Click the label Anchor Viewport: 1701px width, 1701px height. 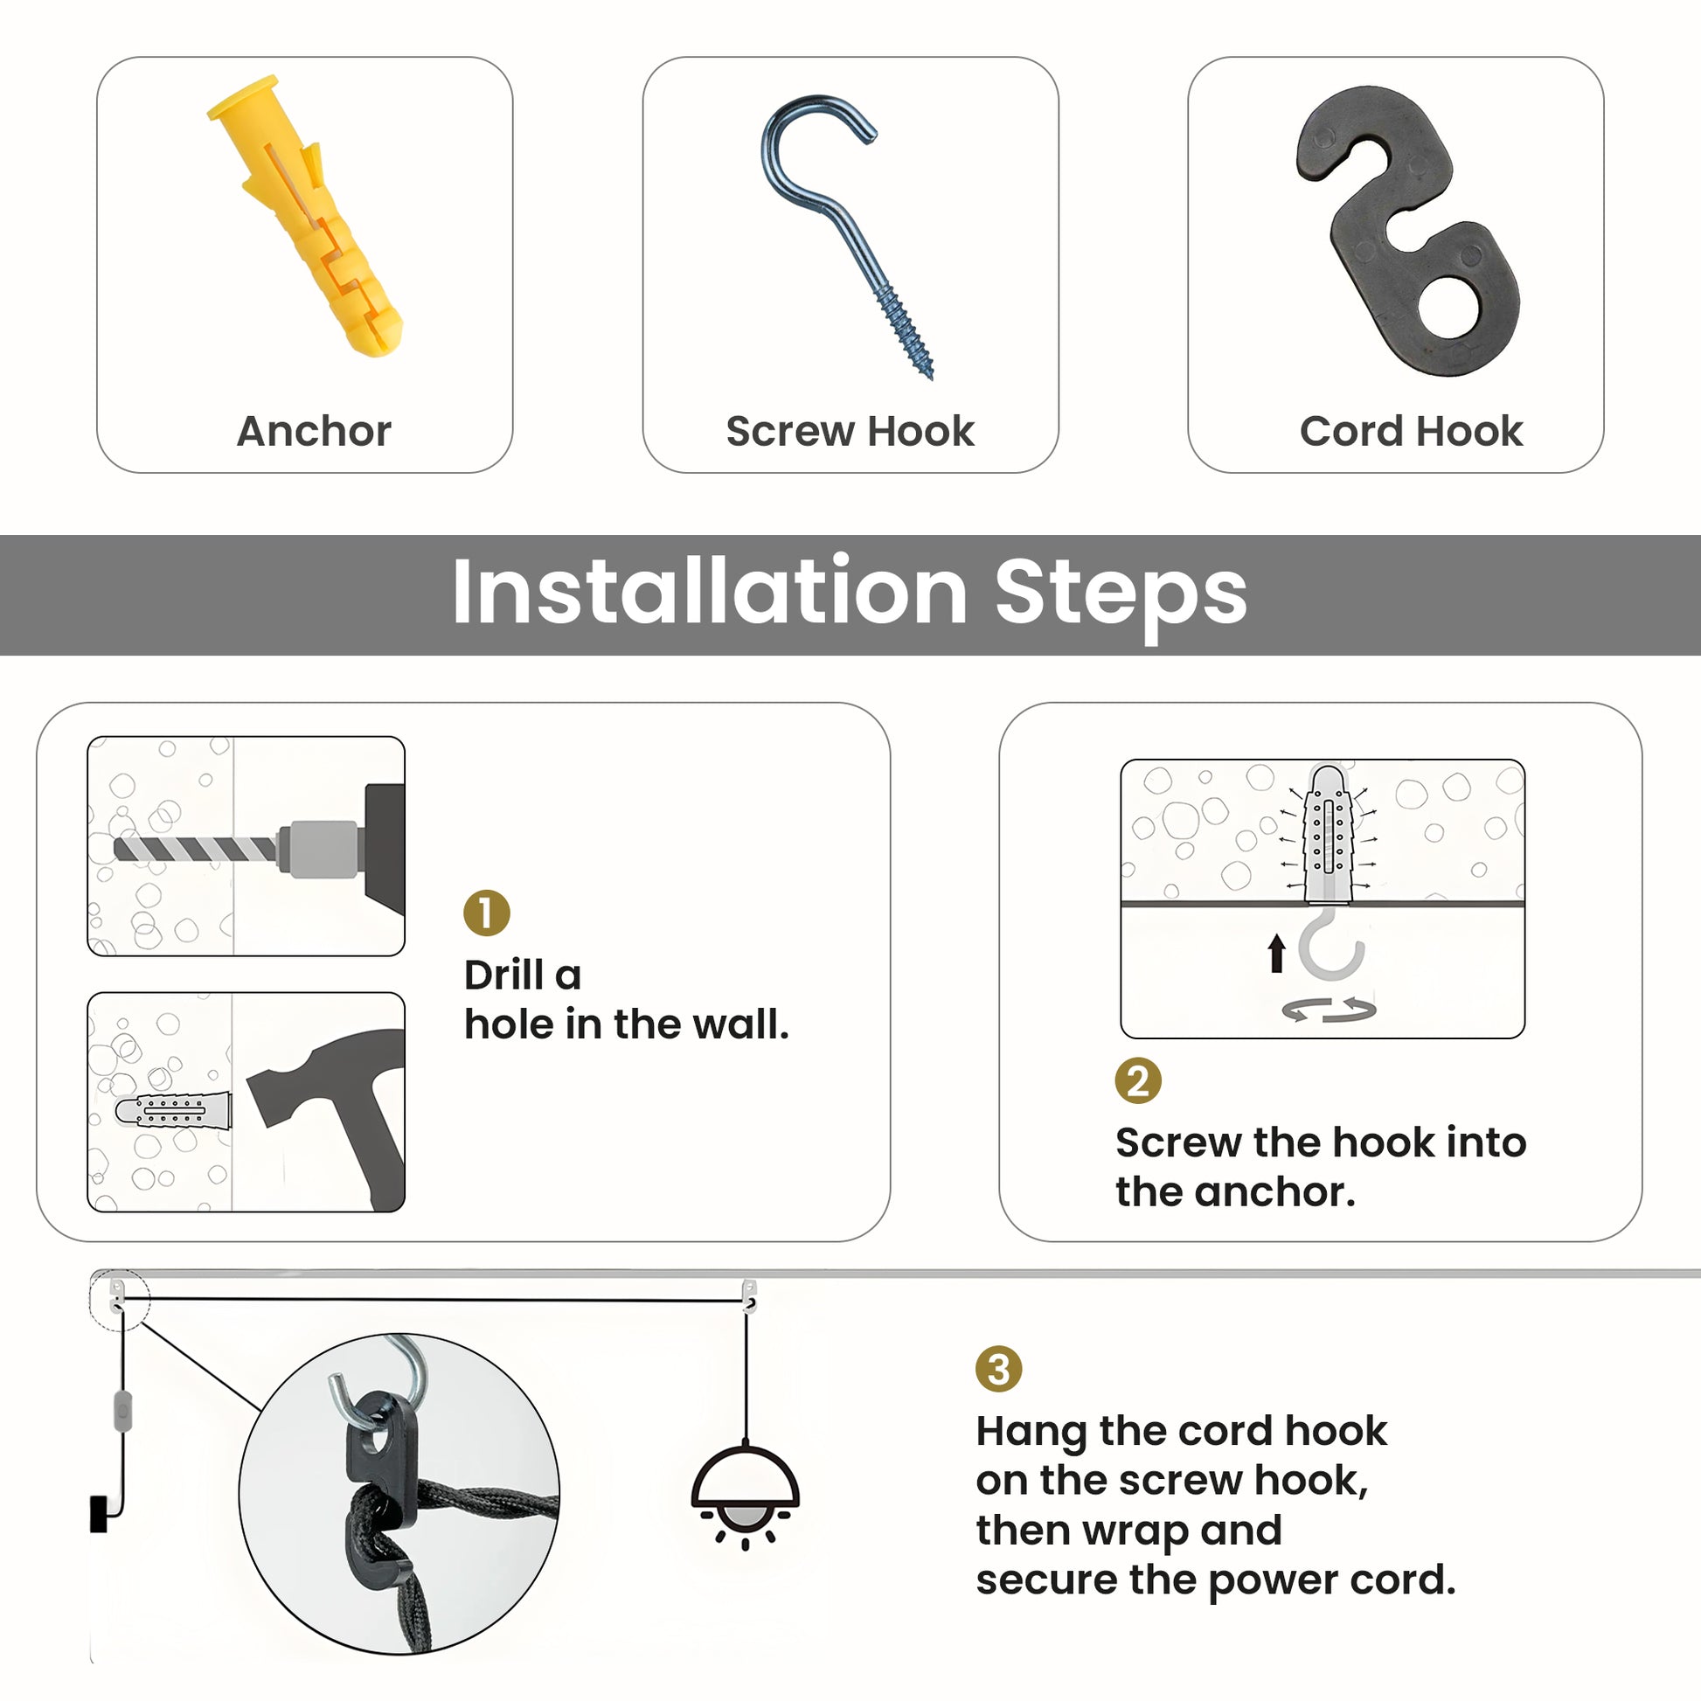coord(315,432)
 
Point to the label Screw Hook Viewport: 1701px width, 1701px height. coord(850,432)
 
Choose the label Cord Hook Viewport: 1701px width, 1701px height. coord(1412,432)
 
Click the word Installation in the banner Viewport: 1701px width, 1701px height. coord(710,593)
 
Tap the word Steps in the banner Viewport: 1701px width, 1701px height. coord(1121,596)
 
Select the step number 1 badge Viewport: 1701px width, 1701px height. coord(487,913)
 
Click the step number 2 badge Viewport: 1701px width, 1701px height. coord(1138,1080)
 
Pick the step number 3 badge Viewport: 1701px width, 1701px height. coord(998,1369)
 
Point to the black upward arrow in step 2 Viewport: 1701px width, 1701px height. coord(1277,954)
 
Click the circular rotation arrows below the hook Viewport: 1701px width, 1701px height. coord(1329,1010)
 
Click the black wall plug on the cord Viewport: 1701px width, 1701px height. coord(99,1513)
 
